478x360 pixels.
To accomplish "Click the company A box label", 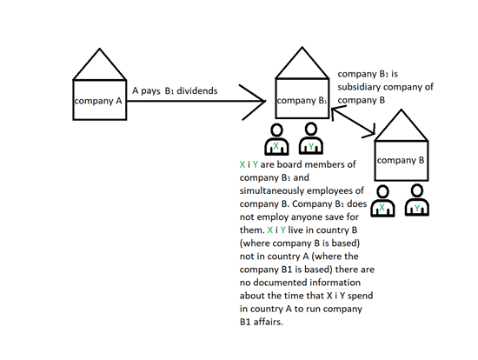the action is click(x=98, y=101).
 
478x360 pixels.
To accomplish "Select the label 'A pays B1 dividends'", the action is click(x=175, y=91).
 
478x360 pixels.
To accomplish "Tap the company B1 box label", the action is click(x=302, y=101).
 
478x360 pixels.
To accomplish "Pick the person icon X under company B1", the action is click(x=276, y=139).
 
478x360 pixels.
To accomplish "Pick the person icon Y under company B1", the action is click(x=310, y=138).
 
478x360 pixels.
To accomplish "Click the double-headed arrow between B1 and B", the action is click(x=353, y=121).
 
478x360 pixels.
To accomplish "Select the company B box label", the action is click(x=401, y=161).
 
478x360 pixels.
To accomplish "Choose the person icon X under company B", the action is click(x=383, y=202).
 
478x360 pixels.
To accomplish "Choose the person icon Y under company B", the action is click(x=417, y=200).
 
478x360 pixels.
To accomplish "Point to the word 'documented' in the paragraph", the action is click(x=277, y=283).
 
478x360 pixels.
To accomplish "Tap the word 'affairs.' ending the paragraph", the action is click(x=268, y=322).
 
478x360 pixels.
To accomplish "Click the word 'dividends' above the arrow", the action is click(x=197, y=91).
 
